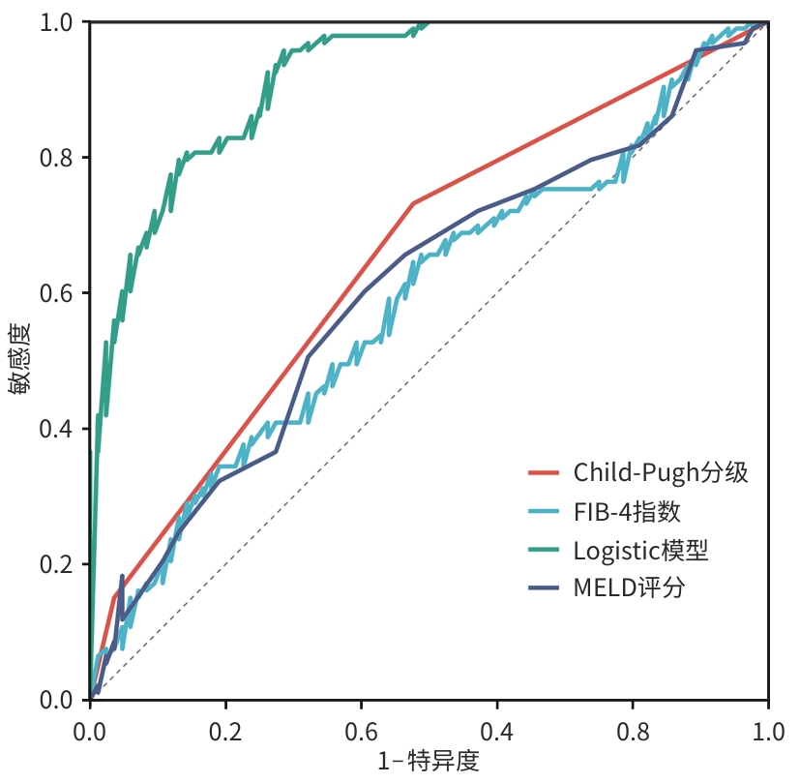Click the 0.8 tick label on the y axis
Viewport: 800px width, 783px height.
click(59, 158)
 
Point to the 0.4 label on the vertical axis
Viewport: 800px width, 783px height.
click(59, 429)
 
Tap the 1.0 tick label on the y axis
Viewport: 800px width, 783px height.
click(59, 21)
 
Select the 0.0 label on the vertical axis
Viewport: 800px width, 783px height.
click(59, 700)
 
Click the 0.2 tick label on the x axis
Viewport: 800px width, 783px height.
click(225, 727)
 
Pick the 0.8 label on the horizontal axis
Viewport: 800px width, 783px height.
click(633, 727)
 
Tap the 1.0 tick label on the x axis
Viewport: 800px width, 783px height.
click(768, 727)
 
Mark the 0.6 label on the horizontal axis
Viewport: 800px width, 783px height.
click(362, 727)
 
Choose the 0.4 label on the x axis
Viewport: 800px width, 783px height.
click(497, 727)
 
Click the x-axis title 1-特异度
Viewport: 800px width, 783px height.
click(429, 760)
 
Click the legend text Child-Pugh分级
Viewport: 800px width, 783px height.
click(661, 472)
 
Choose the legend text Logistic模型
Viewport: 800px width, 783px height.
click(640, 550)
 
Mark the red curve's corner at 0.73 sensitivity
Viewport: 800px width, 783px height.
click(413, 203)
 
